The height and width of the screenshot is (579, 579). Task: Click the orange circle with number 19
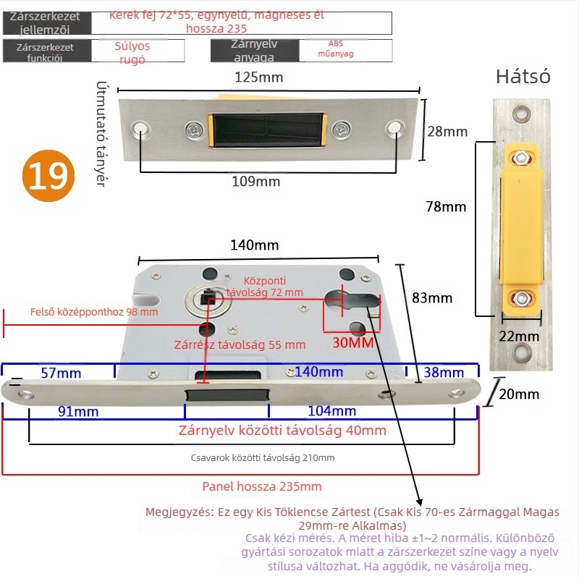49,175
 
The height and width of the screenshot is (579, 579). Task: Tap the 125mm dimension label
258,77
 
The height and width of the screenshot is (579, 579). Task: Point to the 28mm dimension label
447,132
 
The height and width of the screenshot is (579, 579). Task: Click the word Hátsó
523,77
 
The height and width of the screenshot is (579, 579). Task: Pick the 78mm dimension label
446,207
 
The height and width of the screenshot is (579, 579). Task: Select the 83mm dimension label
431,298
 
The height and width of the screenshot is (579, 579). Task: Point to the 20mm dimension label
519,394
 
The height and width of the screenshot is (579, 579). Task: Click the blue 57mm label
62,373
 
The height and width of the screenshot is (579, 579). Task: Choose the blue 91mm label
78,412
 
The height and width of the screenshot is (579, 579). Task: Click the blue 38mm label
443,373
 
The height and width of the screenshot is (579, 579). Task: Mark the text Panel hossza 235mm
262,486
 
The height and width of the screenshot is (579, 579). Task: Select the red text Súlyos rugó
132,53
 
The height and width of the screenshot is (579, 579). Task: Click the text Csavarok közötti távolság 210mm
263,458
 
